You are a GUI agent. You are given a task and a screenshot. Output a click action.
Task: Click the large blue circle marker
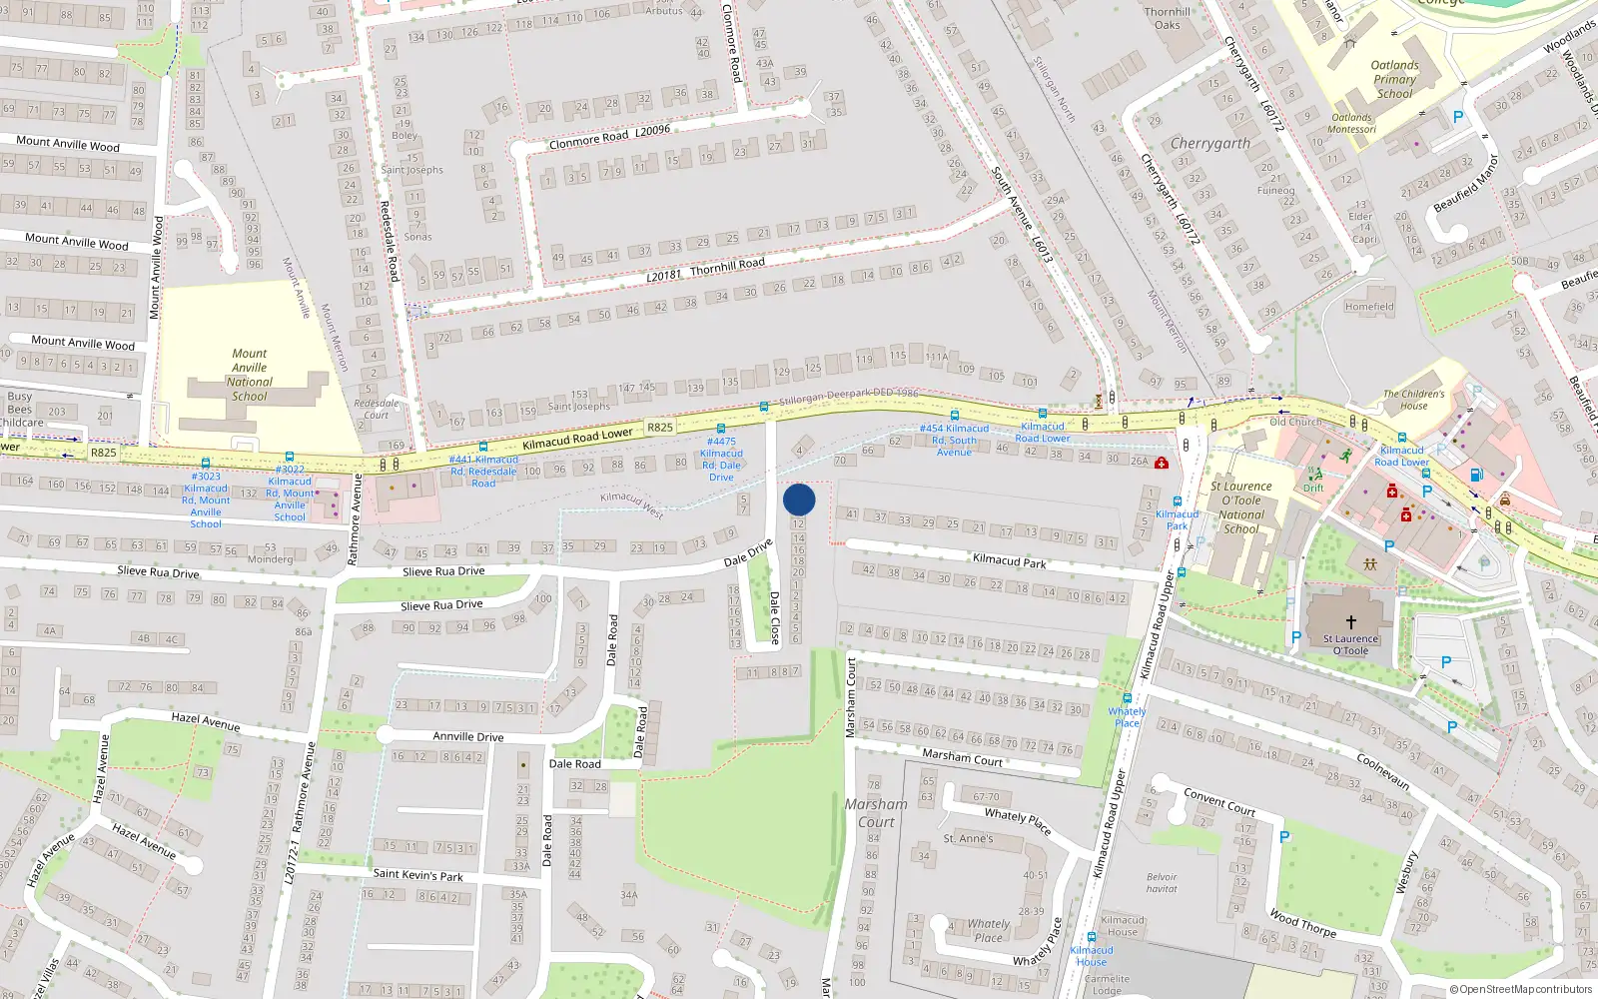click(799, 499)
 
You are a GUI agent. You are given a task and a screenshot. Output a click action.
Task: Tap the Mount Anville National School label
click(250, 375)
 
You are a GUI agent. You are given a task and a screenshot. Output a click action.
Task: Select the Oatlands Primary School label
click(1394, 79)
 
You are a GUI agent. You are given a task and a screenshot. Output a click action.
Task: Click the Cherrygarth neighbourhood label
click(1209, 144)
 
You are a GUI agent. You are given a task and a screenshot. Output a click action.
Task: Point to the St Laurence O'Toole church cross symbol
click(1350, 622)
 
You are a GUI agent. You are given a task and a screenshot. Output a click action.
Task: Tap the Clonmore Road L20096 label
click(609, 136)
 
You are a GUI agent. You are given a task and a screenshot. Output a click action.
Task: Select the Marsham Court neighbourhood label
click(876, 812)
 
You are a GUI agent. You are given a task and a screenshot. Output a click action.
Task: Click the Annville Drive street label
click(467, 736)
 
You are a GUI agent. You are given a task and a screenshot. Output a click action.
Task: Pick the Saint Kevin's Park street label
click(417, 875)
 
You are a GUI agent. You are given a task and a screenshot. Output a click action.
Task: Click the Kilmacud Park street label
click(1009, 560)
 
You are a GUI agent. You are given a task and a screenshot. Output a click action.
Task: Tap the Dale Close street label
click(774, 617)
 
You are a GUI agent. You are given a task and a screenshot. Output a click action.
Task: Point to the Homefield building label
click(1368, 307)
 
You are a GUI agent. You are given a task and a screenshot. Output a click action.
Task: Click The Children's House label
click(1413, 400)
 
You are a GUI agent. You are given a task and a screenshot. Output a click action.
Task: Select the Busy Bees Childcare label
click(20, 410)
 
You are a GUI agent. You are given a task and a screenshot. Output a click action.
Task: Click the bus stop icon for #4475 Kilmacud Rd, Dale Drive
click(721, 430)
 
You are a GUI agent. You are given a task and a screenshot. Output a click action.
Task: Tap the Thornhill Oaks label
click(1167, 18)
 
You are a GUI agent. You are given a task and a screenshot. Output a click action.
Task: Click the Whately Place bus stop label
click(1127, 717)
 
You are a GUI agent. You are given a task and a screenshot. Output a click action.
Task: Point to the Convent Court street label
click(1218, 801)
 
